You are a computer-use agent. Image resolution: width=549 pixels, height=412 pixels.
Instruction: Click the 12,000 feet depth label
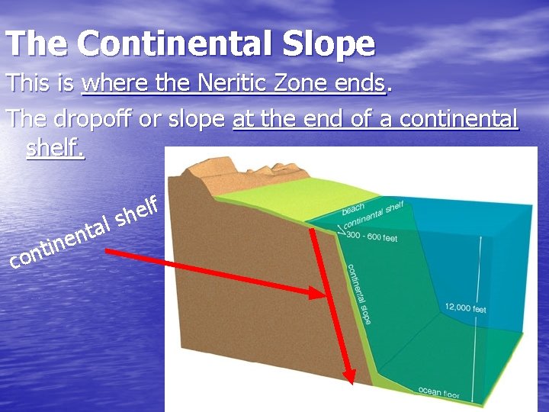[x=466, y=307]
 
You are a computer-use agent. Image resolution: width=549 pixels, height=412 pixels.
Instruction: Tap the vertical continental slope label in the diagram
[x=359, y=295]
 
